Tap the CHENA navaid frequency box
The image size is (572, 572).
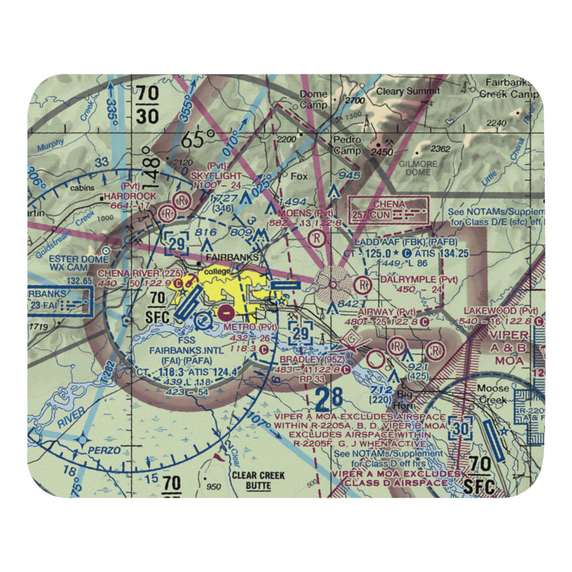[x=389, y=210]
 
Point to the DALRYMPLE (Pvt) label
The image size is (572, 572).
[x=419, y=279]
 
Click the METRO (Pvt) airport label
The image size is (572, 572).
[x=249, y=327]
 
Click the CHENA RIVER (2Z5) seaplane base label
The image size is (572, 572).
[x=133, y=273]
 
